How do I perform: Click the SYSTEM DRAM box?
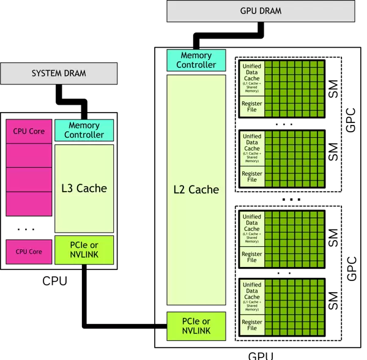(59, 73)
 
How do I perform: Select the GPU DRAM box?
(261, 11)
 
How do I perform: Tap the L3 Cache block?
(84, 188)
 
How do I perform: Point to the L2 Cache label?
(196, 190)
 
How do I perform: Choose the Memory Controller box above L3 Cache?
(84, 130)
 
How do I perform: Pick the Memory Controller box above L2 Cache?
(196, 60)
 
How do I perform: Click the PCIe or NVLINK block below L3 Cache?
(84, 250)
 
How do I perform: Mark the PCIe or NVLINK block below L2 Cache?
(196, 326)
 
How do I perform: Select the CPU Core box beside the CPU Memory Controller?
(29, 131)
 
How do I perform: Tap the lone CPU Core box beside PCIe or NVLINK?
(29, 252)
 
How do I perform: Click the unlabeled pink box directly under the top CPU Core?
(29, 156)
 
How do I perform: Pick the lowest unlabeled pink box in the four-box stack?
(29, 203)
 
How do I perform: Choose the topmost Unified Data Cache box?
(252, 78)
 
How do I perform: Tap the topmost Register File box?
(252, 107)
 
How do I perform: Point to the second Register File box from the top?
(252, 176)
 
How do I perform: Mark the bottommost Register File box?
(252, 325)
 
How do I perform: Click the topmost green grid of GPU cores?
(294, 89)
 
